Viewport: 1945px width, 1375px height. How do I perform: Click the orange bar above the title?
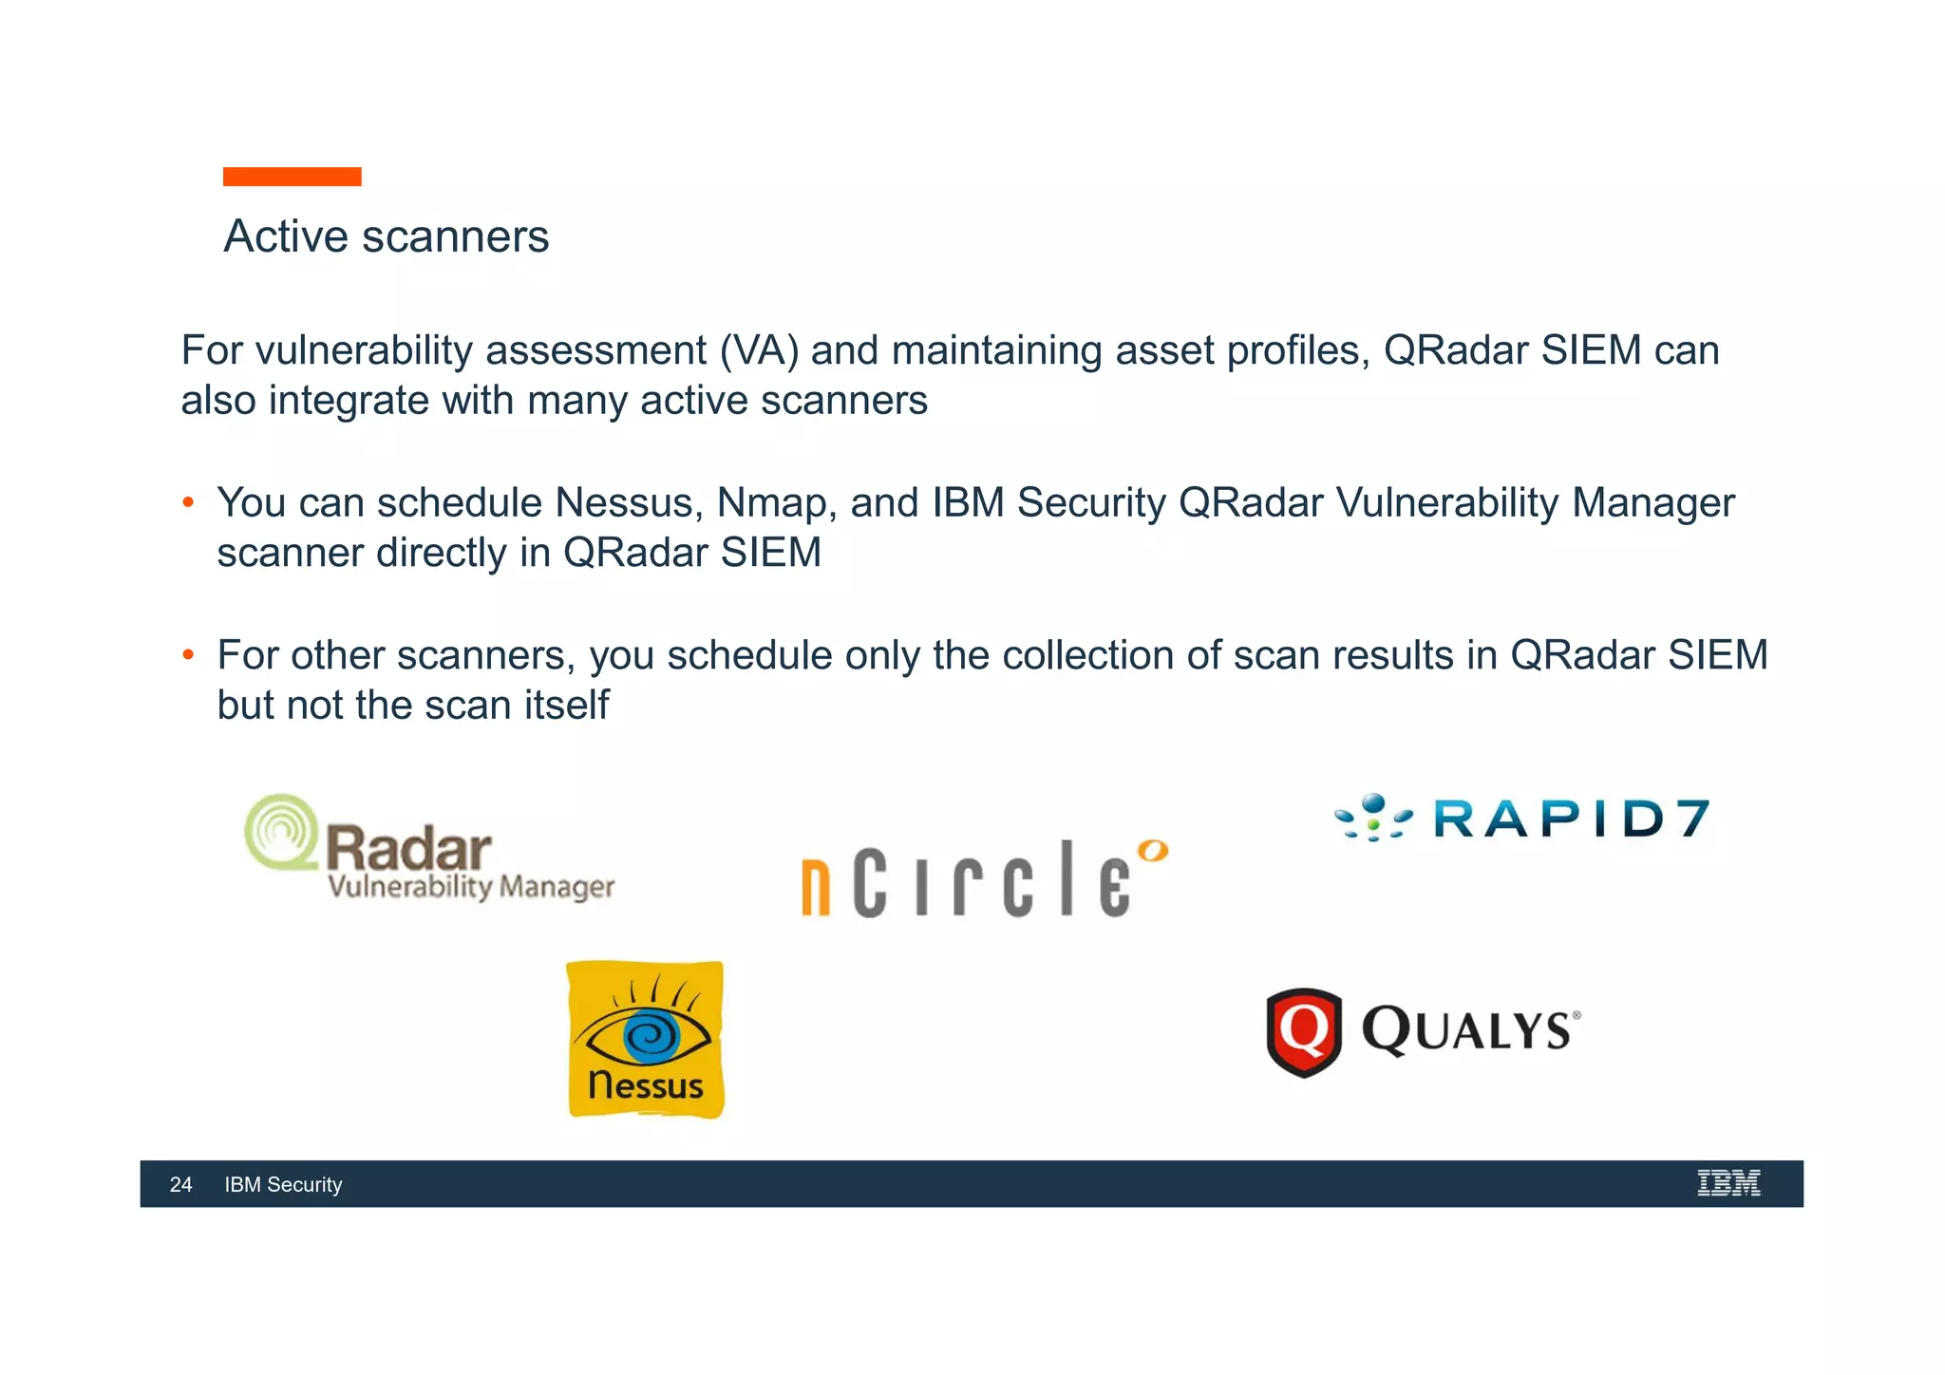[x=292, y=177]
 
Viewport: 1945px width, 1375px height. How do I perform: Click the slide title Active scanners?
[x=386, y=236]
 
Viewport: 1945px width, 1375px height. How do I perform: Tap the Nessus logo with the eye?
[x=646, y=1040]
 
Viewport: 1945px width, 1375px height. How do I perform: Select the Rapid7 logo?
[x=1522, y=819]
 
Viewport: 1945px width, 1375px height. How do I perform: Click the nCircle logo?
[x=983, y=878]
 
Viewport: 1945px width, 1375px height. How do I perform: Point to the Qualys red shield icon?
[x=1304, y=1032]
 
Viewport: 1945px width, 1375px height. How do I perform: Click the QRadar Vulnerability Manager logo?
[x=429, y=848]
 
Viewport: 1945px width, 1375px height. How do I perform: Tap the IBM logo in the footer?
[x=1728, y=1183]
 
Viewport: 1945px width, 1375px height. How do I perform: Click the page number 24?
[x=180, y=1184]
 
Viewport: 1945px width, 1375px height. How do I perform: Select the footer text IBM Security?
[x=283, y=1184]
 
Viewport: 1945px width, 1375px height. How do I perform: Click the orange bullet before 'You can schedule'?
[x=188, y=502]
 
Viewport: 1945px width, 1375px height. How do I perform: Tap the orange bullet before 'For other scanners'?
[x=188, y=654]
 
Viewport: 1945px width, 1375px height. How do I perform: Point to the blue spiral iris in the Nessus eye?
[x=651, y=1036]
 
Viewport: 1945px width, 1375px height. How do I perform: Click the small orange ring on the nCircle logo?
[x=1153, y=850]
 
